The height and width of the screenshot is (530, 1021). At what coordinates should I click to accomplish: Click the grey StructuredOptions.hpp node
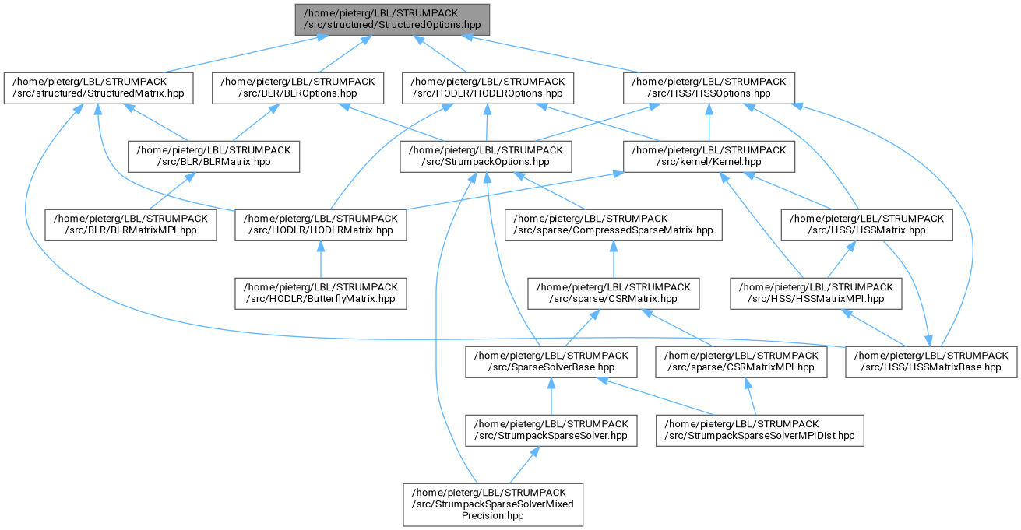[392, 19]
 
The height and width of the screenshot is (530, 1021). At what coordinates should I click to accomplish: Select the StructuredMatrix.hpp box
[98, 88]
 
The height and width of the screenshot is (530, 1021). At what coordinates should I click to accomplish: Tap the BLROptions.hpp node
[297, 88]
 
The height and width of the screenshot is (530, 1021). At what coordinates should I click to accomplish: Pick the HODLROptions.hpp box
[488, 88]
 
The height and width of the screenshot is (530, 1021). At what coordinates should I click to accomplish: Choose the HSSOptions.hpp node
[709, 88]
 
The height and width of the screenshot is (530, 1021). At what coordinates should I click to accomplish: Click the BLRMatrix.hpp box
[213, 156]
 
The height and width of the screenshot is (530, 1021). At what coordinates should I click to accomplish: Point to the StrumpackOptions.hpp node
[486, 156]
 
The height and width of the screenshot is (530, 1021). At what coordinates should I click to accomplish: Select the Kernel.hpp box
[709, 156]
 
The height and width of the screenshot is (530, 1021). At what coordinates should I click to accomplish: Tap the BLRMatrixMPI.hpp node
[131, 225]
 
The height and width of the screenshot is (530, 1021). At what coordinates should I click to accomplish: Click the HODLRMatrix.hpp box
[321, 225]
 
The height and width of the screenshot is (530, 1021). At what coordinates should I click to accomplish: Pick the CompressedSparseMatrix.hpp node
[614, 225]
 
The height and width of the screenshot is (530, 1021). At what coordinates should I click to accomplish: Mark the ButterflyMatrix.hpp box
[321, 293]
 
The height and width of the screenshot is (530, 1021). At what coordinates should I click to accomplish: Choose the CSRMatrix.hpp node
[614, 293]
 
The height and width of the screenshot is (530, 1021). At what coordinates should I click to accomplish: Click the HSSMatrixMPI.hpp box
[816, 293]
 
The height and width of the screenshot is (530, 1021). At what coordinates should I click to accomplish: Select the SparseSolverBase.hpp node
[551, 362]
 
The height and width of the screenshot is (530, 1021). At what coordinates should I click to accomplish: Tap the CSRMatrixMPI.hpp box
[741, 362]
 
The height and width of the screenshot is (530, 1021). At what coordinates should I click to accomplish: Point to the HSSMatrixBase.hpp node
[931, 362]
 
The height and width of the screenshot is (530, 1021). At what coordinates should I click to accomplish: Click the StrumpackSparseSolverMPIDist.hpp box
[760, 430]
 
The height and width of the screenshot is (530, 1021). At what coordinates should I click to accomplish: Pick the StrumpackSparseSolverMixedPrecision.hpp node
[493, 504]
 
